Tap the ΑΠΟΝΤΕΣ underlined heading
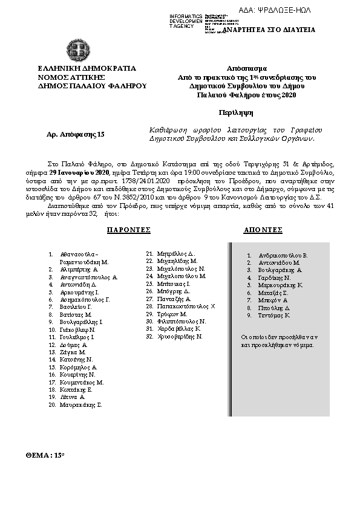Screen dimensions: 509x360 tap(263, 230)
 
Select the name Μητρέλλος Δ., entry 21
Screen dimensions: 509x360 tap(175, 253)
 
